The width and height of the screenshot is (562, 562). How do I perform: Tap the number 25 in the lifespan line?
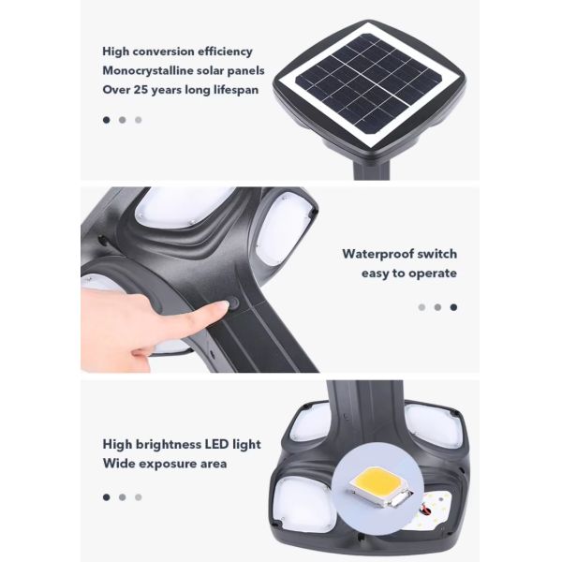[140, 89]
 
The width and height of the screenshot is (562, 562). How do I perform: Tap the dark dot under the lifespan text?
[107, 120]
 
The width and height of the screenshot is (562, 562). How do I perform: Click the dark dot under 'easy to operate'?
[453, 307]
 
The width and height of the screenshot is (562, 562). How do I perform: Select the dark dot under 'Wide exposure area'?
[107, 497]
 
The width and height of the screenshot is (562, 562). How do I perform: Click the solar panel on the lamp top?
[368, 83]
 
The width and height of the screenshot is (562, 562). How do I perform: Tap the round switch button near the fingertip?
[233, 303]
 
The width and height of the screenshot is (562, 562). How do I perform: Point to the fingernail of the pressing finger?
[220, 304]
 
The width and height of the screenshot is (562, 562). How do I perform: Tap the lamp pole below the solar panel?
[371, 170]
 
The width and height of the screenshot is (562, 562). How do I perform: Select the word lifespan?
[236, 90]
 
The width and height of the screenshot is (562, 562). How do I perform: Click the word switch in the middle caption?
[437, 254]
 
